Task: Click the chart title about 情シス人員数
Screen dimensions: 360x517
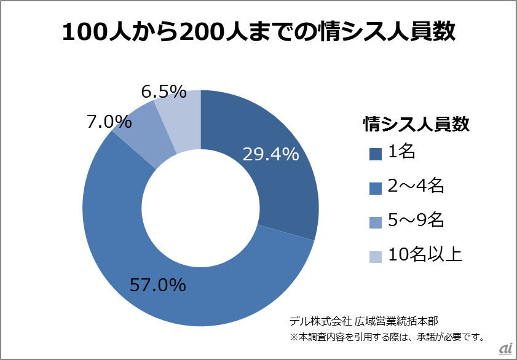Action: tap(258, 32)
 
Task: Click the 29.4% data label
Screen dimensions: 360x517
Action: tap(270, 154)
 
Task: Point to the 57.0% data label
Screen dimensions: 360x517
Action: tap(157, 284)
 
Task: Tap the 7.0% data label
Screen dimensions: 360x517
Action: tap(109, 122)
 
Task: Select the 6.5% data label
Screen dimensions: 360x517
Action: tap(164, 92)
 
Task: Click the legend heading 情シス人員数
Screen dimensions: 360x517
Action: tap(416, 124)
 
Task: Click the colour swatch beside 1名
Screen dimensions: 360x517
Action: tap(376, 154)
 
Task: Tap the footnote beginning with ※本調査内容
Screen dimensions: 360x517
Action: tap(387, 337)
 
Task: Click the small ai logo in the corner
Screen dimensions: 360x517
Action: tap(506, 349)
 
